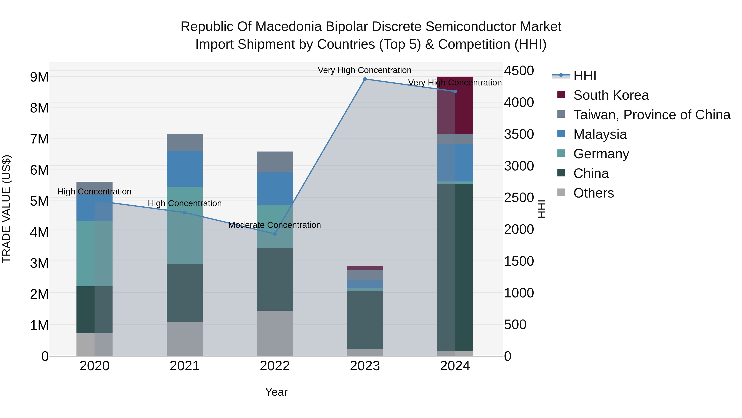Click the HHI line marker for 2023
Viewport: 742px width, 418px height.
365,79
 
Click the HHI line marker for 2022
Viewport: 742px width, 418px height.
275,234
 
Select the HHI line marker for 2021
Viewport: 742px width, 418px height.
185,213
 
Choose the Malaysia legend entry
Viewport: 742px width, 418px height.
600,134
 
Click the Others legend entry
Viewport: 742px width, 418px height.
593,193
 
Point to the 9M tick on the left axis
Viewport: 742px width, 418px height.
39,77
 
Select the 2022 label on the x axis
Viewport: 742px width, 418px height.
275,366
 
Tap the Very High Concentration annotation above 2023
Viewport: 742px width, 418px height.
364,70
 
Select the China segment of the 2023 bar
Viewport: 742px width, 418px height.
365,320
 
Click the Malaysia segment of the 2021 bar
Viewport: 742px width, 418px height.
185,169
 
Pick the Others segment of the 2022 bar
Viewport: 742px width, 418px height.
275,333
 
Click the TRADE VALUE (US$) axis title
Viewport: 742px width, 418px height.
6,209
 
